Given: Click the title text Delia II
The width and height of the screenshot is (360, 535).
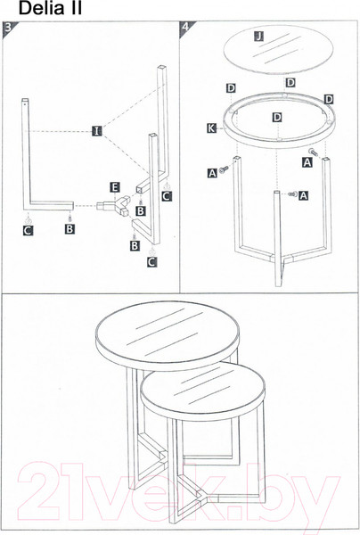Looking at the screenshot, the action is (x=50, y=8).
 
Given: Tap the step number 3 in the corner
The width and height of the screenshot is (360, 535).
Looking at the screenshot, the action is (x=8, y=28).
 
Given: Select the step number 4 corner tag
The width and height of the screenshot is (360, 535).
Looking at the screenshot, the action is (x=185, y=27).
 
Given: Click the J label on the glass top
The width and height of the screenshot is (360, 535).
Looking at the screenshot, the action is (x=259, y=36).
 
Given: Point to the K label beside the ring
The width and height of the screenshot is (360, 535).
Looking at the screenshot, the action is (x=211, y=128).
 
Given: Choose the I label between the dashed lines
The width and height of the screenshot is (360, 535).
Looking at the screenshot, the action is (x=97, y=131).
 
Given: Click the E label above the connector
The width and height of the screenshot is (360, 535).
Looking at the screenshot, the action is (x=115, y=187).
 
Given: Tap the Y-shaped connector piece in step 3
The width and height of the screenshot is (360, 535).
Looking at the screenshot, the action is (x=113, y=205).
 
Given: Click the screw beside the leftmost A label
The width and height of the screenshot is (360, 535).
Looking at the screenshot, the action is (x=224, y=169).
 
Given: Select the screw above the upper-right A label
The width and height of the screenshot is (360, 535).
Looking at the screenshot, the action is (x=314, y=152).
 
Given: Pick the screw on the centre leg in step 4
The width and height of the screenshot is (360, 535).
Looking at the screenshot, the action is (x=292, y=194).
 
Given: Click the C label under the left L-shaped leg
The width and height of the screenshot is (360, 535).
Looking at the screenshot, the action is (x=28, y=231).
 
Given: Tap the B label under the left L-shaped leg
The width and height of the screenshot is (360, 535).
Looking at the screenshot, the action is (x=70, y=228).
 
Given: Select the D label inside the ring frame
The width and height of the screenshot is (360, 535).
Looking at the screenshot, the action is (x=278, y=118).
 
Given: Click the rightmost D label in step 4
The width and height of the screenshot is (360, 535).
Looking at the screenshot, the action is (x=329, y=99).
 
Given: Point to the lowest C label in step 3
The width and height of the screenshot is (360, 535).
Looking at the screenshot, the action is (x=151, y=261).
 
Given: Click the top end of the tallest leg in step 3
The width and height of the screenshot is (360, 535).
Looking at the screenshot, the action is (x=162, y=67).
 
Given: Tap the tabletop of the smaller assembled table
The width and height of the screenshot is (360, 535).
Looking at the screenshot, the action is (x=202, y=391).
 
